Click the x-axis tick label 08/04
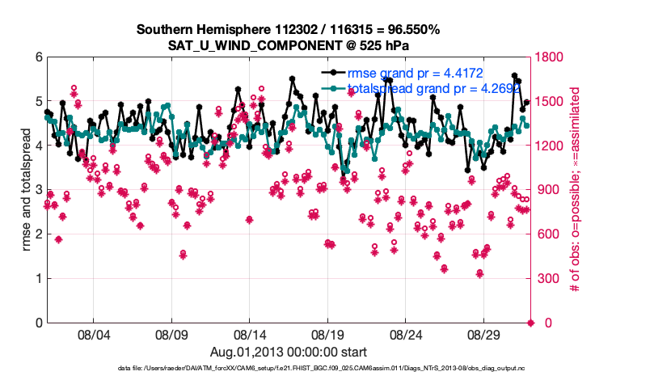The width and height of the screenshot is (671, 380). pyautogui.click(x=93, y=334)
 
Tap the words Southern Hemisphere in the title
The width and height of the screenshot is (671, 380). pyautogui.click(x=188, y=29)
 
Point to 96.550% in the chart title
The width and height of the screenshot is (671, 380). pyautogui.click(x=412, y=29)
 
